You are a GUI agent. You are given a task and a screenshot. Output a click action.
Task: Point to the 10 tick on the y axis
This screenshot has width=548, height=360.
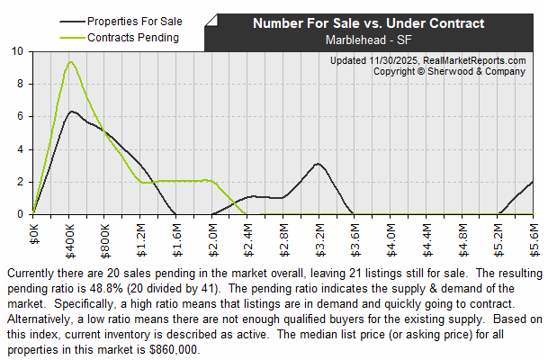[x=19, y=51]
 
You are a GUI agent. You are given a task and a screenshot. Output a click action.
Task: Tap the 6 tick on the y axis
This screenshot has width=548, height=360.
[x=21, y=117]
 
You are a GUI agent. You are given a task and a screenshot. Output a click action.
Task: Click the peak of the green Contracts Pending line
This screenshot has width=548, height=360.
[x=69, y=61]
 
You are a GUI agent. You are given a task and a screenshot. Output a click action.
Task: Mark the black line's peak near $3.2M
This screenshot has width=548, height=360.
[x=318, y=164]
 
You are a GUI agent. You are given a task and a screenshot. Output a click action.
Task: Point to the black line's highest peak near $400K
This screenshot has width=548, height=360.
[x=70, y=112]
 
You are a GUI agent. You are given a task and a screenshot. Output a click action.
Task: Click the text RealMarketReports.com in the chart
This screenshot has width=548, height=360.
[x=474, y=59]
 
